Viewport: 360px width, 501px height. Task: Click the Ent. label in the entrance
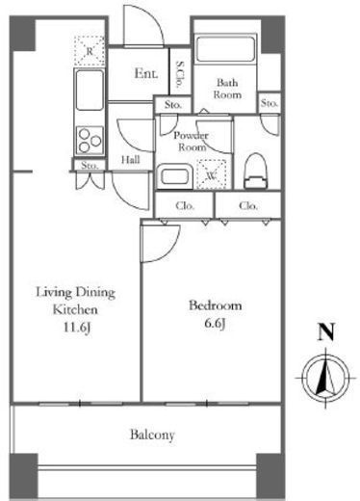pyautogui.click(x=146, y=73)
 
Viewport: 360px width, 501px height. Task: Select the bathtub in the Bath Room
pyautogui.click(x=226, y=49)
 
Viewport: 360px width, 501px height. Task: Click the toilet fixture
pyautogui.click(x=256, y=171)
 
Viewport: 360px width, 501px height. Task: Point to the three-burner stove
pyautogui.click(x=90, y=140)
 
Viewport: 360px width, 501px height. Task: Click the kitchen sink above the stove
pyautogui.click(x=90, y=90)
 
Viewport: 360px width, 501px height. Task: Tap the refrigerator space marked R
pyautogui.click(x=90, y=51)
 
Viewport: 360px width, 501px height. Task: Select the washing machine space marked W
pyautogui.click(x=212, y=174)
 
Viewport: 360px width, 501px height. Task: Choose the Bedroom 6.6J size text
pyautogui.click(x=215, y=324)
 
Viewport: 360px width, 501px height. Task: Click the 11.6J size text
pyautogui.click(x=77, y=328)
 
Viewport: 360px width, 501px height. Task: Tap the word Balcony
pyautogui.click(x=152, y=435)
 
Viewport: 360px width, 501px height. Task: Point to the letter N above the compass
pyautogui.click(x=326, y=331)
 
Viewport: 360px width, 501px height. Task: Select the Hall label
pyautogui.click(x=131, y=160)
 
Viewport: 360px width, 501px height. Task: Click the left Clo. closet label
pyautogui.click(x=185, y=205)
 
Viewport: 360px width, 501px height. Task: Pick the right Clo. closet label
pyautogui.click(x=248, y=205)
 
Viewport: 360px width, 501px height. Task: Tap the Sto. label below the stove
pyautogui.click(x=90, y=166)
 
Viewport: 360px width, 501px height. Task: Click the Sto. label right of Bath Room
pyautogui.click(x=269, y=103)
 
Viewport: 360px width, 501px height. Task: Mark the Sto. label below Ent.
pyautogui.click(x=173, y=105)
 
